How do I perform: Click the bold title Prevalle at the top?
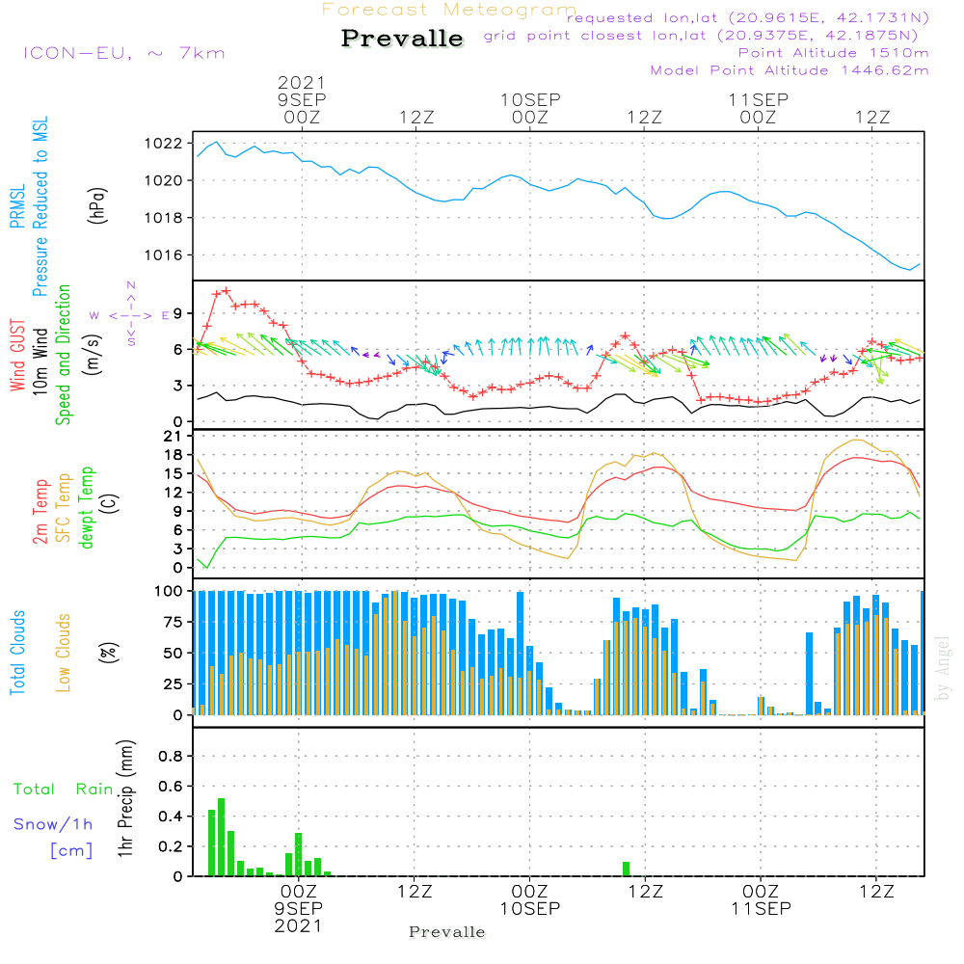[x=402, y=39]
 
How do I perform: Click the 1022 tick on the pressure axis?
[x=164, y=144]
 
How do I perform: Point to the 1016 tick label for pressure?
[x=164, y=255]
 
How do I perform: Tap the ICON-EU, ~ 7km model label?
[x=124, y=53]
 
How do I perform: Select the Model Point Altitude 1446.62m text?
[x=790, y=70]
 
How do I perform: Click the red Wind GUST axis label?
[x=17, y=356]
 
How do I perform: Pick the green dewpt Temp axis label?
[x=86, y=507]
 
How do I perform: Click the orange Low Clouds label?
[x=63, y=653]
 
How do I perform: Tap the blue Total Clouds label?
[x=17, y=653]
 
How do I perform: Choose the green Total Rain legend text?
[x=64, y=790]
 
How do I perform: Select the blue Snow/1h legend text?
[x=53, y=824]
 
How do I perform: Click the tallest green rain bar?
[x=222, y=838]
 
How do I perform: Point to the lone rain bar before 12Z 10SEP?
[x=626, y=870]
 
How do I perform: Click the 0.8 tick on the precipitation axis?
[x=171, y=756]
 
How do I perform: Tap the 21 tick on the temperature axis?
[x=174, y=437]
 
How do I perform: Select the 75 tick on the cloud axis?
[x=174, y=622]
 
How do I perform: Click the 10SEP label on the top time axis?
[x=530, y=100]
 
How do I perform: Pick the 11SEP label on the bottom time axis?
[x=762, y=909]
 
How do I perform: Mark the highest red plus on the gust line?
[x=227, y=291]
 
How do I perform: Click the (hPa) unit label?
[x=97, y=205]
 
